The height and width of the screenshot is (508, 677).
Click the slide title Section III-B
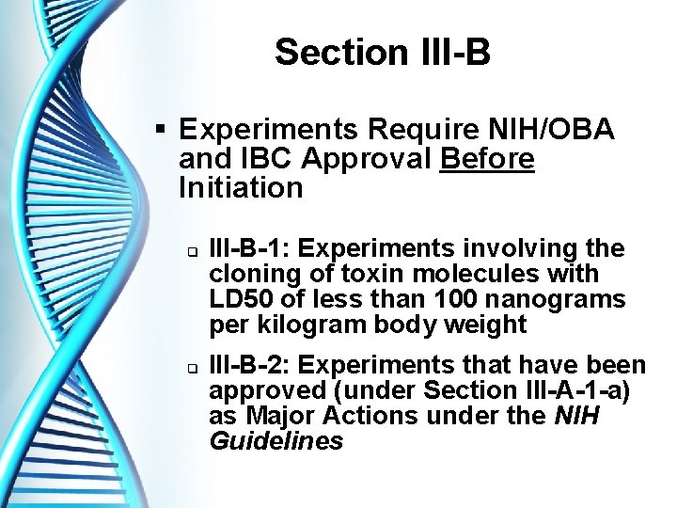(382, 53)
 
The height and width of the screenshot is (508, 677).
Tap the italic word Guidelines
(276, 441)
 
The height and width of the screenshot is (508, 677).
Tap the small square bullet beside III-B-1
(188, 250)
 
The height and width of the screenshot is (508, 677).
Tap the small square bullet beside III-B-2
(188, 367)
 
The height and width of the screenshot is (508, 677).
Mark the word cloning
(251, 274)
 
